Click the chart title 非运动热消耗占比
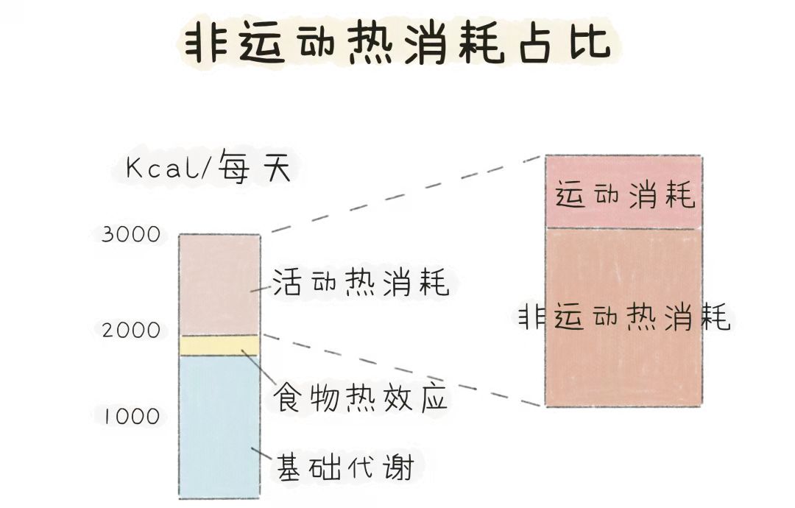click(397, 43)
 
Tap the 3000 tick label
click(131, 235)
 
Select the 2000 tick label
click(131, 331)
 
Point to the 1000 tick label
click(131, 417)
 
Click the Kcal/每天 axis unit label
click(208, 169)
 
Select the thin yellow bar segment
click(219, 345)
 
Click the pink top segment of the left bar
click(219, 284)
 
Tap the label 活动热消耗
click(360, 282)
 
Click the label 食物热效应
click(360, 399)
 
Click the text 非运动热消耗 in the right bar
click(624, 317)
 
